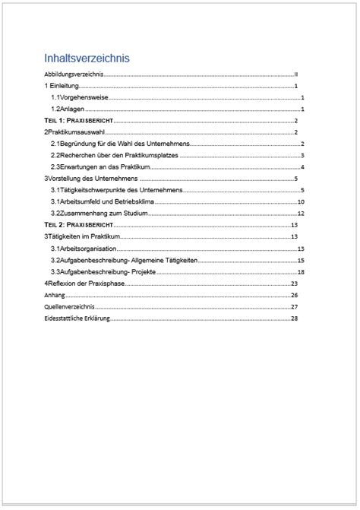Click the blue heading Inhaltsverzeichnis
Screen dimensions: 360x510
point(87,58)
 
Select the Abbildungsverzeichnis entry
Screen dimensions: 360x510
point(73,75)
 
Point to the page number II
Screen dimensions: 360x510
point(297,75)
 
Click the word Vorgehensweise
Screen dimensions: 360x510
point(86,98)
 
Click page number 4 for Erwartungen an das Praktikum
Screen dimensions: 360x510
point(302,166)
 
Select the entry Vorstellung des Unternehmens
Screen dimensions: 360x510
point(93,178)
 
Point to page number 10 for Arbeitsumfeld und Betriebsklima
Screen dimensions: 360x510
point(301,201)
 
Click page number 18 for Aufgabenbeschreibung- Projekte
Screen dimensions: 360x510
point(301,271)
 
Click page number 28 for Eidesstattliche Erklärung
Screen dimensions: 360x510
point(294,318)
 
